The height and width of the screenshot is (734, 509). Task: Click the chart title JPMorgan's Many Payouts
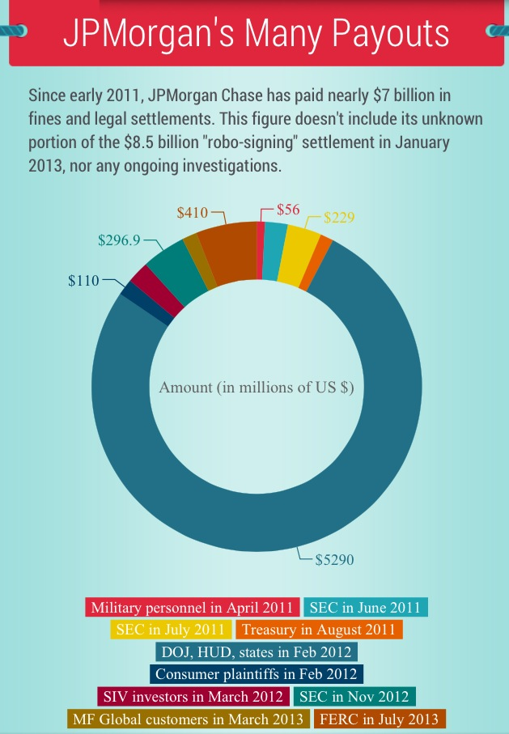tap(256, 34)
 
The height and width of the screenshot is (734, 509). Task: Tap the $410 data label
tap(193, 213)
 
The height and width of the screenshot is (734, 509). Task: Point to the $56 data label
tap(288, 210)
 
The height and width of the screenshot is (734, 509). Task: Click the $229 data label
tap(339, 218)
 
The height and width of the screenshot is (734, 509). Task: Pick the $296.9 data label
tap(119, 240)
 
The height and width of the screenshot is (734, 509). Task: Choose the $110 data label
tap(83, 281)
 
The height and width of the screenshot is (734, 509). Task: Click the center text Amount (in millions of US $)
tap(257, 387)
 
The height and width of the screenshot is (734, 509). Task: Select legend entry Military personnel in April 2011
tap(193, 608)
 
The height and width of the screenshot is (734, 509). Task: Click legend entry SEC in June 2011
tap(366, 608)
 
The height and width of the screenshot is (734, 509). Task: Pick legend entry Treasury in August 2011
tap(319, 630)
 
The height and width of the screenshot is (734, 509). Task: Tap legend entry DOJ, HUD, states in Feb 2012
tap(256, 651)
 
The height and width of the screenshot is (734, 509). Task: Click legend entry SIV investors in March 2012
tap(193, 696)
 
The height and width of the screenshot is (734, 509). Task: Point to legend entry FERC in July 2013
tap(379, 719)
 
